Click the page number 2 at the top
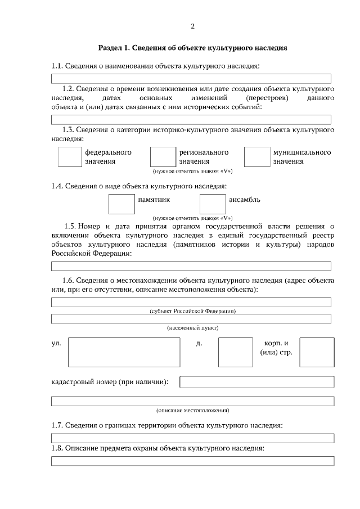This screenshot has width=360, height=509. [x=192, y=26]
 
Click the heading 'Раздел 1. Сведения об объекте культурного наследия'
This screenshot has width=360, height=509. [x=192, y=48]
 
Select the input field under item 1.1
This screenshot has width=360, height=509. [x=191, y=79]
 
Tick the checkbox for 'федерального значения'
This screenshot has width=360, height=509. [x=70, y=157]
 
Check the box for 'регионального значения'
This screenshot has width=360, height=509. [x=163, y=157]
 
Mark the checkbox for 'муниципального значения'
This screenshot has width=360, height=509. [x=257, y=157]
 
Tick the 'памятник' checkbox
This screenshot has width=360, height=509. [x=121, y=204]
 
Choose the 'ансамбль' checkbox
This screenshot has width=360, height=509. [x=213, y=204]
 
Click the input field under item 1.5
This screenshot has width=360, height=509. [x=191, y=267]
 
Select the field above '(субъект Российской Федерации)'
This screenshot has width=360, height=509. [x=191, y=303]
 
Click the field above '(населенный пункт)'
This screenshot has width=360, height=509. [x=191, y=319]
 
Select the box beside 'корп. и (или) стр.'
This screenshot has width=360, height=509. [x=317, y=352]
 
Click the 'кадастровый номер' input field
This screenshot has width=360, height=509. [x=256, y=382]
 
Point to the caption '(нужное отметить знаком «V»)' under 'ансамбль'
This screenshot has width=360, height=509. [x=192, y=218]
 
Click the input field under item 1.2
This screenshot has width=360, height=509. [x=191, y=119]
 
